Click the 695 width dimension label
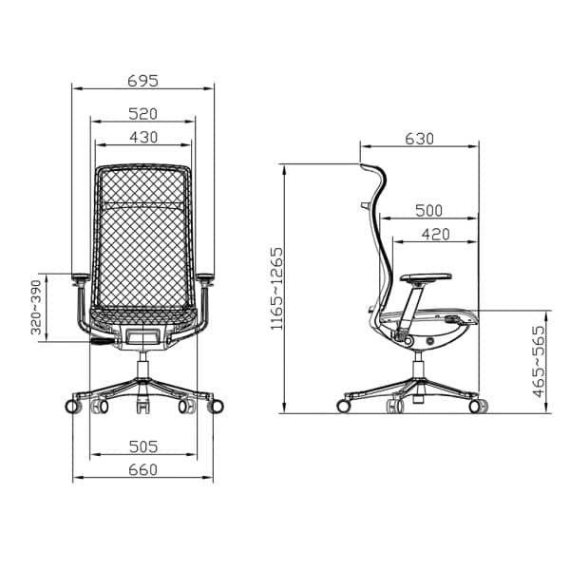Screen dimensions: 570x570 142,81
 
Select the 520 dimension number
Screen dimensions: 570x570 142,114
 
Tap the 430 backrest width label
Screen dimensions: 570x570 143,138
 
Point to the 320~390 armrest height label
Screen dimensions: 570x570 36,307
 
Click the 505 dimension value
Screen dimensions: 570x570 143,446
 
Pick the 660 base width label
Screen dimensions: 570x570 142,469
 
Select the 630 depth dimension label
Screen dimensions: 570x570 420,139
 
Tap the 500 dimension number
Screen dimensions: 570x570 429,211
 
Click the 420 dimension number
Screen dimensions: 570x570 436,235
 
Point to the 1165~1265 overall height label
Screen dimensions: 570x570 276,289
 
